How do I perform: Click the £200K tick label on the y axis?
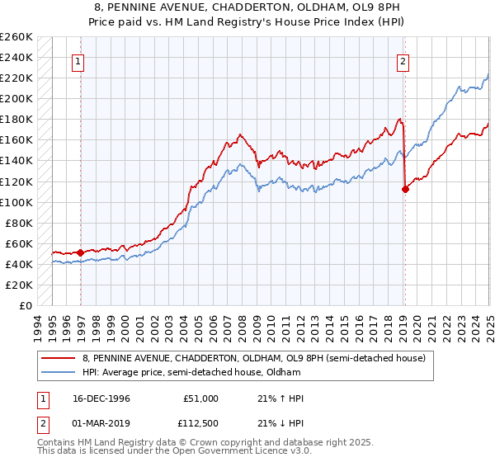tap(16, 98)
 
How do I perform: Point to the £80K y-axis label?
tap(19, 223)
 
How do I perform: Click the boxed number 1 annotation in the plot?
tap(78, 60)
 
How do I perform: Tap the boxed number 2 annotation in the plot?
tap(403, 60)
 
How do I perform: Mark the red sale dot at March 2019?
tap(405, 189)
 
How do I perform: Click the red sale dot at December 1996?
tap(80, 252)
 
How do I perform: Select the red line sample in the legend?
tap(59, 358)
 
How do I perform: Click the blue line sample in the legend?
tap(59, 372)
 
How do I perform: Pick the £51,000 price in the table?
tap(200, 398)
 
